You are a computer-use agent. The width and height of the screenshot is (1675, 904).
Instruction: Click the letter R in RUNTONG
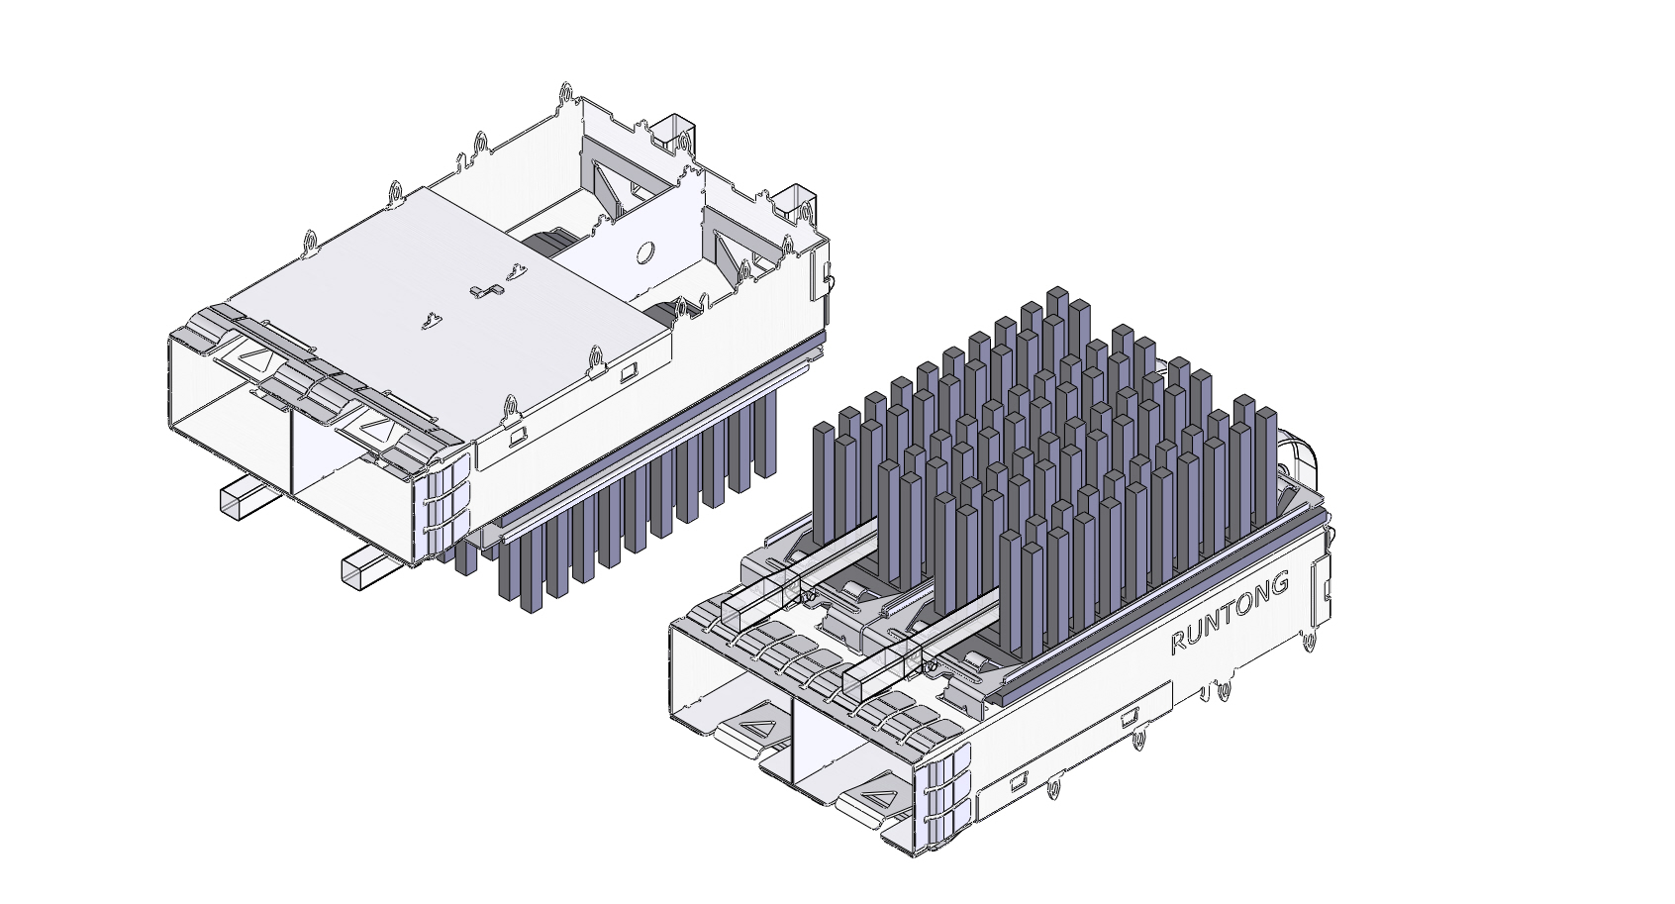1178,643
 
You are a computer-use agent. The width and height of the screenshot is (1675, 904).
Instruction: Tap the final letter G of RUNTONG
1278,583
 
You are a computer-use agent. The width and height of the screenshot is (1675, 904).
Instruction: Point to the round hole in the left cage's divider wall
643,252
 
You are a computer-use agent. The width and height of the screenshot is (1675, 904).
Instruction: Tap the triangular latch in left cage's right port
378,427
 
